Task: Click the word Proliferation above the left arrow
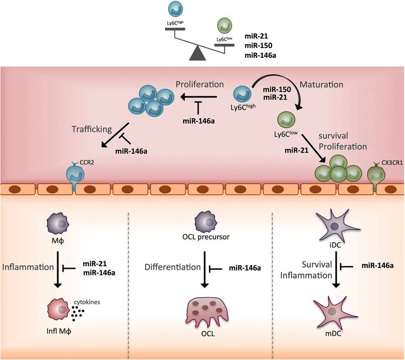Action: [200, 85]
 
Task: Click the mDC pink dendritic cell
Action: [336, 312]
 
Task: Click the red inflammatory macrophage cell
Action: [58, 311]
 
